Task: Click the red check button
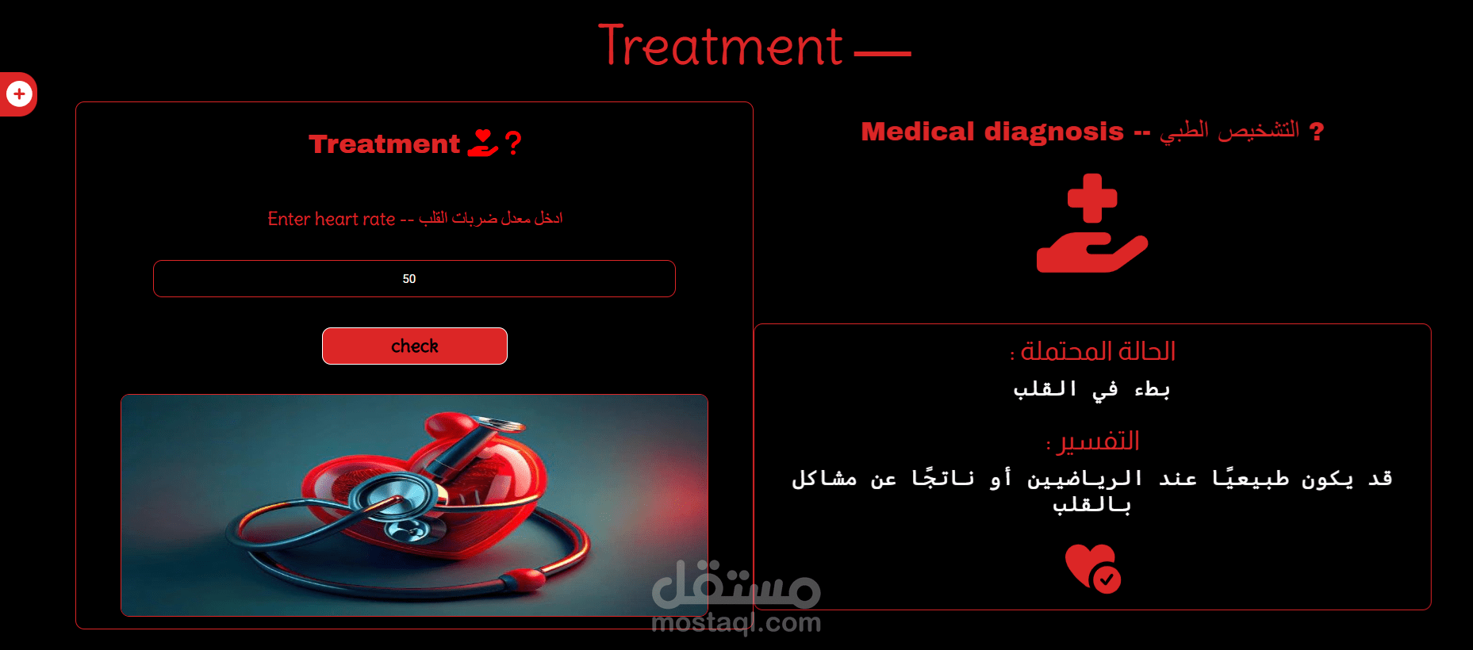tap(414, 346)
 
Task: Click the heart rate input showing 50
tap(414, 278)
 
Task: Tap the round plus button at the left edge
tap(19, 94)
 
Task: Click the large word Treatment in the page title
tap(720, 46)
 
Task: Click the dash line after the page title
tap(883, 54)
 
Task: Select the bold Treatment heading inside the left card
tap(384, 143)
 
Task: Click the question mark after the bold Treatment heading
tap(513, 143)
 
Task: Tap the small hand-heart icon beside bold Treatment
tap(482, 143)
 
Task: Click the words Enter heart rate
tap(332, 219)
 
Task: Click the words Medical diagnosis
tap(992, 131)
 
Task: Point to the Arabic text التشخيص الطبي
tap(1229, 130)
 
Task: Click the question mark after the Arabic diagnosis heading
tap(1317, 131)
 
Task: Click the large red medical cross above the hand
tap(1092, 198)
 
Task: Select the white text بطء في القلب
tap(1091, 389)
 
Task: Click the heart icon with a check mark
tap(1093, 568)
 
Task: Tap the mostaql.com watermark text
tap(736, 623)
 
